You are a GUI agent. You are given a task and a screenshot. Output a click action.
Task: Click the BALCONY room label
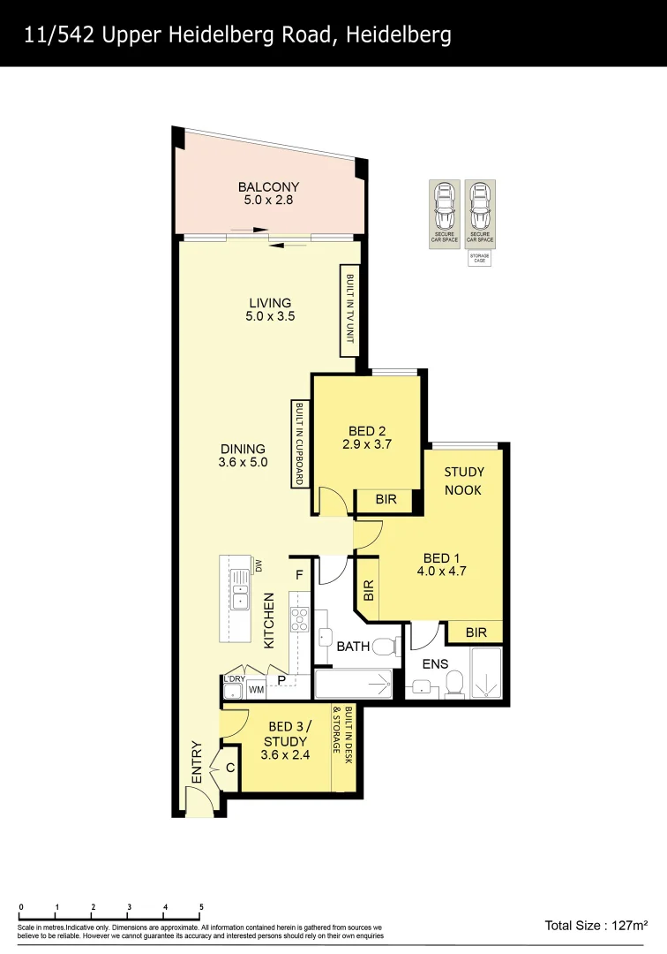pos(268,187)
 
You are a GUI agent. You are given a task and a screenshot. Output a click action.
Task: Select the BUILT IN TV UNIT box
pos(350,309)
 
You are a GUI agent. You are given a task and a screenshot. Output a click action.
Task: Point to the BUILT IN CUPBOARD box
pos(299,443)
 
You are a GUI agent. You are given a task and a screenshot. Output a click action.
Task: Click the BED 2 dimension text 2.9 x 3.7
pos(367,445)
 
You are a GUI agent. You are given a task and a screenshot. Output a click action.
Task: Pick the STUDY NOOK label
pos(463,481)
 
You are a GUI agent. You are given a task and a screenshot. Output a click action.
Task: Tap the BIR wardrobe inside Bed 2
pos(386,500)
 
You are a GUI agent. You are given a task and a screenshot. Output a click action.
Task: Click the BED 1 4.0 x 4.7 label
pos(442,564)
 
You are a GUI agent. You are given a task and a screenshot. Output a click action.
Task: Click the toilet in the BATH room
pos(386,647)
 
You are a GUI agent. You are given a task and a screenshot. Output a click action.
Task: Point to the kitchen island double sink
pos(240,590)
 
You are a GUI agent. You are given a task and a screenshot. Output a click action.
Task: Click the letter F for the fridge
pos(299,574)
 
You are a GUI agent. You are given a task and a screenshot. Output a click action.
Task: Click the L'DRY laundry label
pos(234,678)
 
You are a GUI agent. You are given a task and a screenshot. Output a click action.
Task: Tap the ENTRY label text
pos(197,761)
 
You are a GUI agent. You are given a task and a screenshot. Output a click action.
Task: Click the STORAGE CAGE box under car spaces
pos(479,258)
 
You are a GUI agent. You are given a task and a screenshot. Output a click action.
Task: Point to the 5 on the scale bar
pos(201,907)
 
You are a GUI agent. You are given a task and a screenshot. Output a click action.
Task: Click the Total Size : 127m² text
pos(596,926)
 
